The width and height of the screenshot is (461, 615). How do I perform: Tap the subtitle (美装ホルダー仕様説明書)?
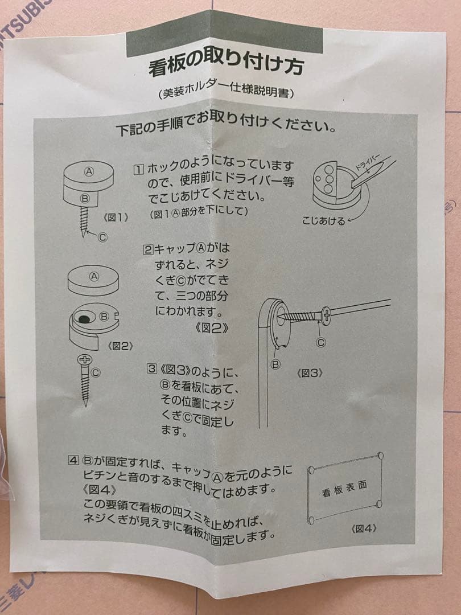pos(227,93)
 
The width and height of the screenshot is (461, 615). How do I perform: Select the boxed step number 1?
pos(138,170)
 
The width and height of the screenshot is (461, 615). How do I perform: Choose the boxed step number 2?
pos(147,249)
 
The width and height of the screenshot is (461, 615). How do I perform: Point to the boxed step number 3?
pos(151,368)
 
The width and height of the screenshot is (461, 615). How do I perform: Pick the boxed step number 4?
pos(73,460)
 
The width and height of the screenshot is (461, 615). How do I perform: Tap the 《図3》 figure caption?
pos(310,373)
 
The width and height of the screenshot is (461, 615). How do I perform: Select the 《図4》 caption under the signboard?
pos(364,528)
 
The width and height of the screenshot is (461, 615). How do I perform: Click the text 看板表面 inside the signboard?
pos(344,489)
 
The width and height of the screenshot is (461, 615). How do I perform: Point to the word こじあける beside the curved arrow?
pos(324,221)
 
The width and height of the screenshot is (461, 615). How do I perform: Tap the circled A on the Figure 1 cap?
pos(89,171)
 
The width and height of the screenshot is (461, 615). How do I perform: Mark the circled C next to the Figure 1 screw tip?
pos(102,237)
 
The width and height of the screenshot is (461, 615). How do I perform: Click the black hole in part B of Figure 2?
pos(84,318)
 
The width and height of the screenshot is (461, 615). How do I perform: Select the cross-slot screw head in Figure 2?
pos(85,359)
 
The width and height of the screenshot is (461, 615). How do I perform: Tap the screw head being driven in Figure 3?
pos(326,315)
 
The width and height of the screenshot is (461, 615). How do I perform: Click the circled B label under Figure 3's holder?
pos(275,364)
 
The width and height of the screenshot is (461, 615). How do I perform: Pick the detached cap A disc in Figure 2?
pos(93,280)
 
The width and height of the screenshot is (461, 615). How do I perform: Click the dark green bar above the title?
pos(224,34)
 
